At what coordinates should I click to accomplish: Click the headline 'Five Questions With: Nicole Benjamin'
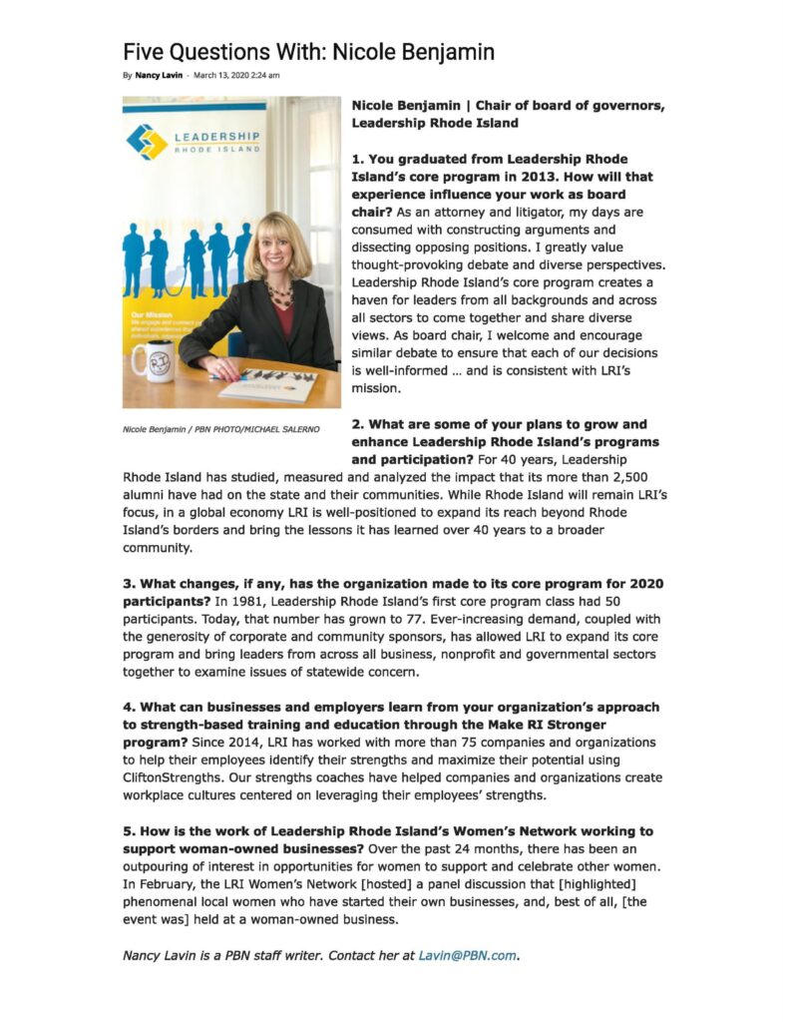[308, 51]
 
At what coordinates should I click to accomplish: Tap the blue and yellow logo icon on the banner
[147, 141]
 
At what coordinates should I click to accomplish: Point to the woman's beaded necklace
[279, 294]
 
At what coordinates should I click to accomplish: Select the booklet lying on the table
[267, 383]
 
